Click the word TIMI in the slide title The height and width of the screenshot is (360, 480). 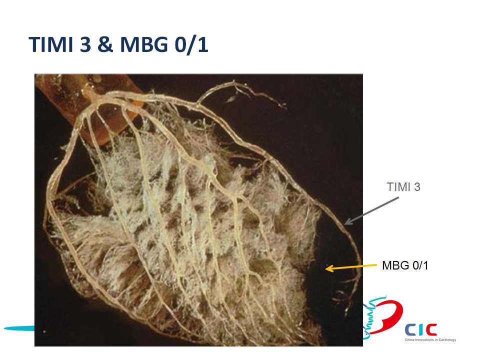click(51, 44)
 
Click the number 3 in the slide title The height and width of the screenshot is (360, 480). click(85, 44)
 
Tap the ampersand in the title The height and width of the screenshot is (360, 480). click(105, 44)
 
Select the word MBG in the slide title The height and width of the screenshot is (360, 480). click(144, 44)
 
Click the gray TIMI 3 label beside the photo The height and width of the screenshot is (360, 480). click(403, 187)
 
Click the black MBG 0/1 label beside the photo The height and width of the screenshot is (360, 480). click(405, 265)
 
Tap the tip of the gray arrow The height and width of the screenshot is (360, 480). click(345, 224)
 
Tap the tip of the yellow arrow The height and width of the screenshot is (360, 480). click(325, 269)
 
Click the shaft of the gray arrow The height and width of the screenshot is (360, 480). click(371, 210)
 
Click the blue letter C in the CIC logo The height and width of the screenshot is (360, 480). click(410, 330)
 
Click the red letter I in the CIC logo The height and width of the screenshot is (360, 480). click(420, 330)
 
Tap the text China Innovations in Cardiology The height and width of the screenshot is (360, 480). click(430, 340)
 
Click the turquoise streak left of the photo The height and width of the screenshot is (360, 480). click(19, 328)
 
